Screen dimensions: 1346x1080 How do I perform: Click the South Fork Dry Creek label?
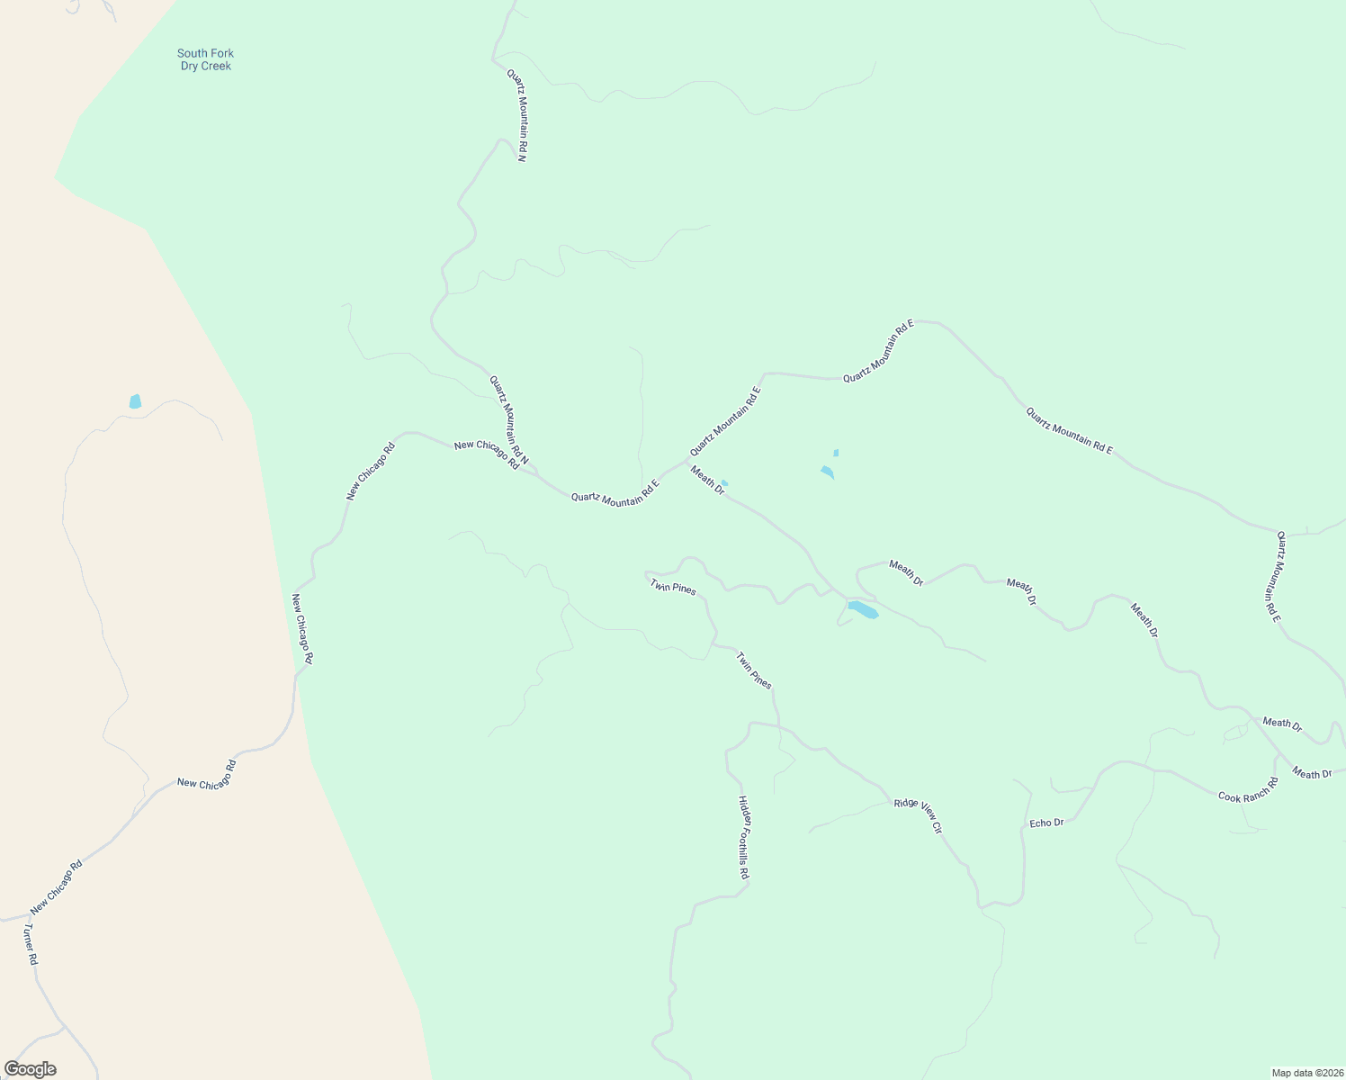(x=205, y=59)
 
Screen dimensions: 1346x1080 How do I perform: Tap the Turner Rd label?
(x=31, y=944)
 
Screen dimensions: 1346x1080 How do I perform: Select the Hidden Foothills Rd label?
(x=743, y=837)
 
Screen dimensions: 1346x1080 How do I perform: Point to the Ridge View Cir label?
(x=918, y=815)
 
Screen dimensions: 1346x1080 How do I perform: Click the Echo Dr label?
(x=1046, y=823)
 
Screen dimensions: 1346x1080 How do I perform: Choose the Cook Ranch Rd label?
(x=1248, y=790)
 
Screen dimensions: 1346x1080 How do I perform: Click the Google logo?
(x=30, y=1069)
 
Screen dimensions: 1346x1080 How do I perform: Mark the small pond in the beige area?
(x=135, y=401)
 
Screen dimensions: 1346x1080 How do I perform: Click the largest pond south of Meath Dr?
(x=862, y=609)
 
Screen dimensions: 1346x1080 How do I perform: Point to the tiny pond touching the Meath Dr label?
(x=724, y=483)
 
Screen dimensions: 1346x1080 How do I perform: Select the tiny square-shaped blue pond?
(x=836, y=453)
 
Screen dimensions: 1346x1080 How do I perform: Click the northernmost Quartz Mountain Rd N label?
(x=516, y=115)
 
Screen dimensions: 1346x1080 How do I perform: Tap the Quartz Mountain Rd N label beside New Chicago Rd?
(x=508, y=420)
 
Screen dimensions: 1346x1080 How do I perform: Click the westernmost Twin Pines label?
(x=673, y=587)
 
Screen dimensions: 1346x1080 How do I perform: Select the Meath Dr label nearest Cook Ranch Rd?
(x=1312, y=773)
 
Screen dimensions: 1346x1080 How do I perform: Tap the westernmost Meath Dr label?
(x=707, y=478)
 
